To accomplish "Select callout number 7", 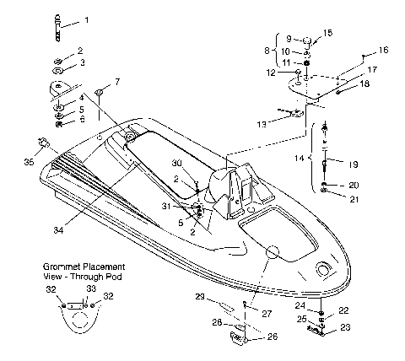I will point(116,82).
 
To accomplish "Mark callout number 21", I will point(354,199).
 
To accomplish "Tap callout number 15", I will point(328,32).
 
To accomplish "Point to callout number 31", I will point(169,206).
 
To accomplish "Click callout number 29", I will point(200,297).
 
